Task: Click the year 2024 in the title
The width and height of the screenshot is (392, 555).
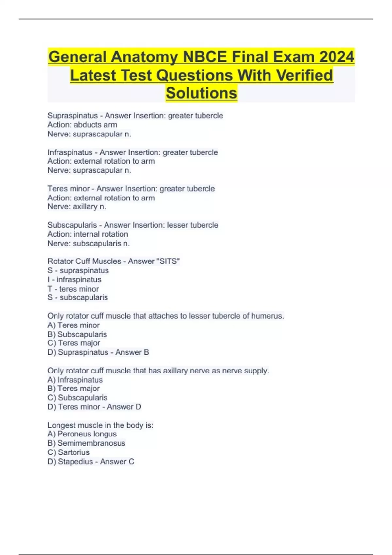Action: tap(337, 57)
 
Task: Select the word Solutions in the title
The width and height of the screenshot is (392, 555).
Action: tap(201, 93)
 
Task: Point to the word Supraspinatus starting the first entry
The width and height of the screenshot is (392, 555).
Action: tap(73, 116)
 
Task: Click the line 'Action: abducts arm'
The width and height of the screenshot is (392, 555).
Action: tap(82, 125)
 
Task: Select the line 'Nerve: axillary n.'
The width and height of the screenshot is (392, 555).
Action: tap(77, 207)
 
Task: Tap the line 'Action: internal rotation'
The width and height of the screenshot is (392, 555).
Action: tap(88, 234)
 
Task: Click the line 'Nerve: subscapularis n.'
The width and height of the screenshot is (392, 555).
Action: tap(89, 243)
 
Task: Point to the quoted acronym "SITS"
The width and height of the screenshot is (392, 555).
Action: tap(169, 261)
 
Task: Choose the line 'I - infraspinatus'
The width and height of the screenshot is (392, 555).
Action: tap(74, 280)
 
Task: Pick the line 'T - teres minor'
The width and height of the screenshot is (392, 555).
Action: tap(73, 289)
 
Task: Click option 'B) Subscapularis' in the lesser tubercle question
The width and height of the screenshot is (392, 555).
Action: tap(77, 334)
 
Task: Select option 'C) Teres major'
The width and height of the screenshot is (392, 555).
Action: tap(74, 343)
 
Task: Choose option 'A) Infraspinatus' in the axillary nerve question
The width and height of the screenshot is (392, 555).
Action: tap(75, 380)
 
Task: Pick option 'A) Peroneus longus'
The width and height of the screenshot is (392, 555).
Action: tap(82, 434)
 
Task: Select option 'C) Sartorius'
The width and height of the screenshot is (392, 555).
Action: tap(68, 452)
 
